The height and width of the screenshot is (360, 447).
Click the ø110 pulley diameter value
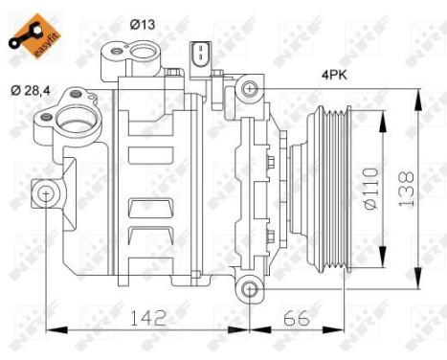coord(371,188)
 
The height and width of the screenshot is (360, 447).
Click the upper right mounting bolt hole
coord(250,91)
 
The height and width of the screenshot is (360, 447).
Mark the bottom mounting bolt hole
coord(249,289)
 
